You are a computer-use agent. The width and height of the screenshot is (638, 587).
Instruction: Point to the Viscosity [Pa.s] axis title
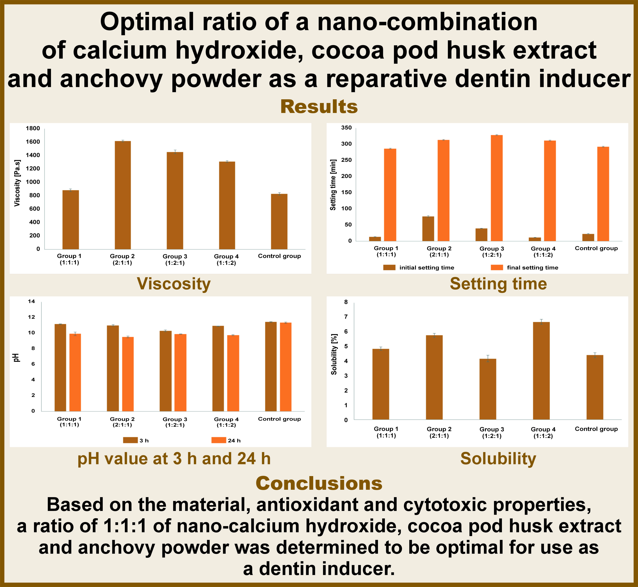click(18, 183)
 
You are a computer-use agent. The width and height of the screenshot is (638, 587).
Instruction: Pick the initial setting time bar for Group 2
click(428, 229)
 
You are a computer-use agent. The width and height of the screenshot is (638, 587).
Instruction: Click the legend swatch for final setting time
click(497, 267)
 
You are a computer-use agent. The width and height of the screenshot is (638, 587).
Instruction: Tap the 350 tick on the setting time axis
click(346, 128)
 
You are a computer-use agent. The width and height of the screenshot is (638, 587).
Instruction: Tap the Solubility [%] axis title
click(334, 354)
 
